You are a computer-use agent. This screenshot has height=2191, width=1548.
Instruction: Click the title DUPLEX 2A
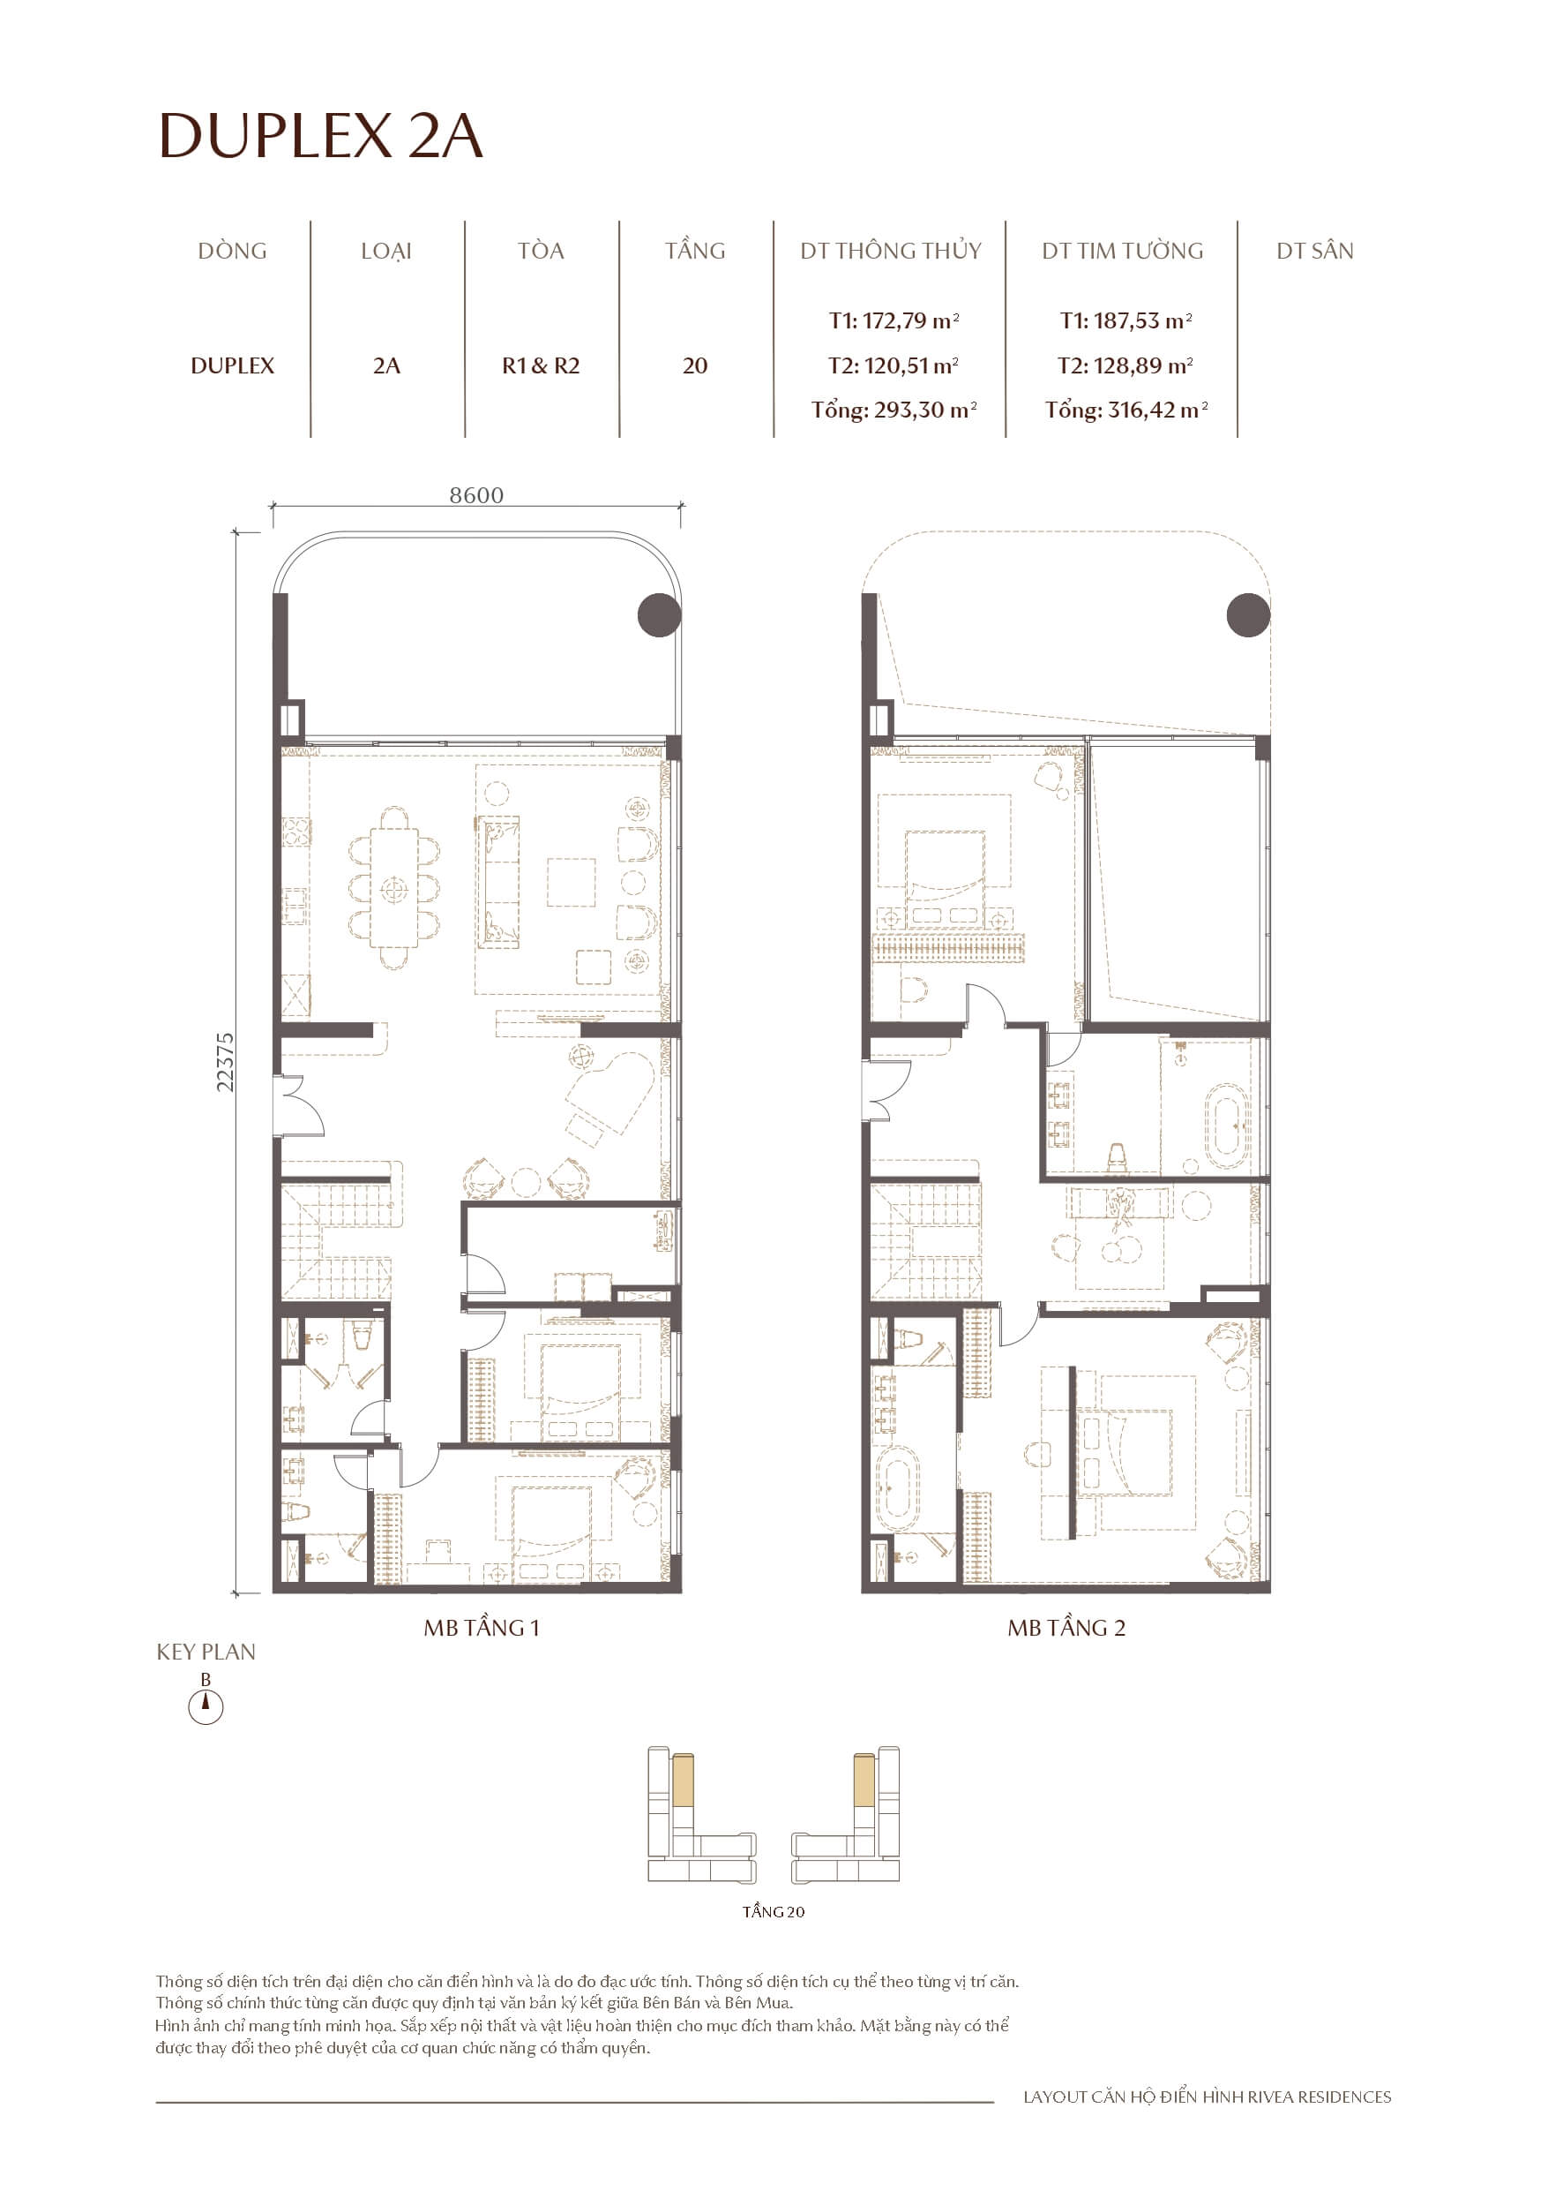(320, 136)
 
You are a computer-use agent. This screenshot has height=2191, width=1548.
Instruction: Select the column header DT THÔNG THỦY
(890, 251)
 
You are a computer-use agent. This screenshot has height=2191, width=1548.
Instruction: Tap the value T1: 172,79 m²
(894, 320)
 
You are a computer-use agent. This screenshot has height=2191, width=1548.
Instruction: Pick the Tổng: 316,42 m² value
(1125, 410)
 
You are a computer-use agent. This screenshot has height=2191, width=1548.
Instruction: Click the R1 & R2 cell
(541, 365)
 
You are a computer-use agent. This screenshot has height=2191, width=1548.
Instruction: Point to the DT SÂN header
(1314, 251)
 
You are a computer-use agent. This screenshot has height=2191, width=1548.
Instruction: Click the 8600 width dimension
(476, 495)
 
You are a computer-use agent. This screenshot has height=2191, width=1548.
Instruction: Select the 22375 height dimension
(225, 1062)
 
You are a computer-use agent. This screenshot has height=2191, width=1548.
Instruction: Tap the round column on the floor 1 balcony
(659, 614)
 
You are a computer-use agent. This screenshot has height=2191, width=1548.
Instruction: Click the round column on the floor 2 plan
(1247, 614)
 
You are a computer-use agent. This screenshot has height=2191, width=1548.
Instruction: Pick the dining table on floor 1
(394, 888)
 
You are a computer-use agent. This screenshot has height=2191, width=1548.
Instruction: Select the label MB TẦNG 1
(482, 1628)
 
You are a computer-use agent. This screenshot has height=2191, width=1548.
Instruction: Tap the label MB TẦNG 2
(1066, 1628)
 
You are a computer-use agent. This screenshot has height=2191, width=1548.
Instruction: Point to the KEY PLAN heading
(206, 1652)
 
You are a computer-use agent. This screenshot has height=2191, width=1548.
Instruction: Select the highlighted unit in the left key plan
(682, 1780)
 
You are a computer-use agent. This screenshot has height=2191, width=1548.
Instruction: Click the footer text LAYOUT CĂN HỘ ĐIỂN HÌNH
(1207, 2097)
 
